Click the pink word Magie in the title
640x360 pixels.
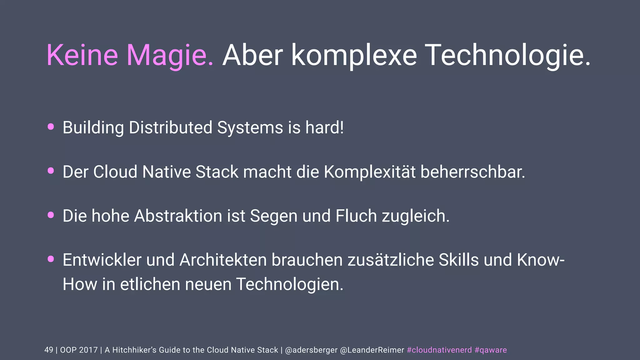coord(170,55)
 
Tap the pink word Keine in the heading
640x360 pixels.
coord(82,55)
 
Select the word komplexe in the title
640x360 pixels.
coord(354,55)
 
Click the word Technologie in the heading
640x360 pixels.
coord(508,55)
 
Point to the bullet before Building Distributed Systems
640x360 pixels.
coord(51,127)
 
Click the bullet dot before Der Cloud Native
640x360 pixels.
coord(51,171)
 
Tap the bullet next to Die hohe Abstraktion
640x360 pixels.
coord(51,215)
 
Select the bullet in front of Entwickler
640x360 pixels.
coord(51,259)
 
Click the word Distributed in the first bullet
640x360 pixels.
coord(171,127)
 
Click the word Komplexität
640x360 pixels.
coord(370,172)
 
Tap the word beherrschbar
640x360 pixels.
coord(473,172)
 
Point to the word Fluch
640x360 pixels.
coord(356,216)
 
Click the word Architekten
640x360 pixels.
coord(223,260)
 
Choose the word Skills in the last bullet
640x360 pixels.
coord(458,260)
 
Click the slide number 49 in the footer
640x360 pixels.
coord(49,350)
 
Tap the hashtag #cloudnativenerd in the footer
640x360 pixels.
coord(439,350)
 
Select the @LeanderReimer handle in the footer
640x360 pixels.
coord(372,350)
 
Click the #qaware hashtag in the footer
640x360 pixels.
coord(491,350)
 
